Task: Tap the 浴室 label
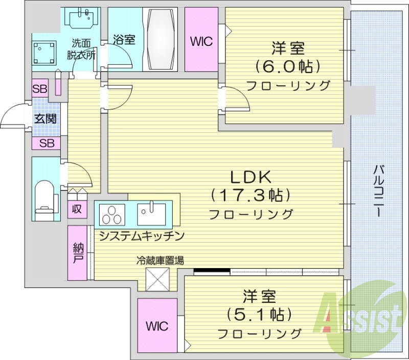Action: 124,39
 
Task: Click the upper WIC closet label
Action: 201,41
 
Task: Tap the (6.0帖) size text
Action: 288,66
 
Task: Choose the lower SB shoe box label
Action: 47,143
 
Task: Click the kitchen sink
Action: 151,213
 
